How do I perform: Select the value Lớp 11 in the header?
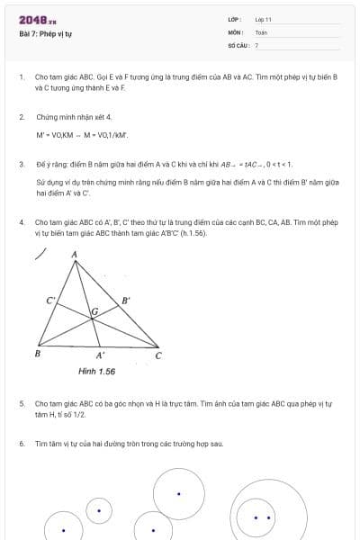point(263,19)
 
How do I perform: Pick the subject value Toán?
point(261,32)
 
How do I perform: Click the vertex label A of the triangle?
point(74,255)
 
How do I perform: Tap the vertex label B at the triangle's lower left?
point(37,354)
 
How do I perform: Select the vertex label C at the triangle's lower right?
point(158,355)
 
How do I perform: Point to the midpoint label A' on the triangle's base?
point(100,355)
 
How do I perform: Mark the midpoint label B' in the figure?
point(126,300)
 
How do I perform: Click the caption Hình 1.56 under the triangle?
point(96,371)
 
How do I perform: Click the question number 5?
point(22,404)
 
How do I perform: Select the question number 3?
point(22,165)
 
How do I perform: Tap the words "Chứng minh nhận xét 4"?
point(74,117)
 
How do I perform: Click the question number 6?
point(22,444)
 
